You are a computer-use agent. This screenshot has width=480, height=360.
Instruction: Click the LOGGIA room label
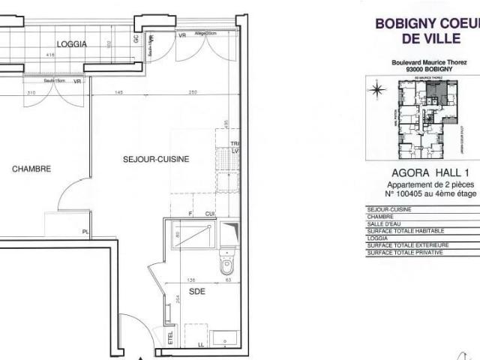tap(73, 44)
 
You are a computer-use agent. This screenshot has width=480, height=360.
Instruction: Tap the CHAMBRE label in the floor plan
tap(31, 169)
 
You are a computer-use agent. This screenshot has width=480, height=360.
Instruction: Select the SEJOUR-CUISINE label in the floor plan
tap(155, 160)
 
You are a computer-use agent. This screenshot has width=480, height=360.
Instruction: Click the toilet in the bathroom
tap(228, 264)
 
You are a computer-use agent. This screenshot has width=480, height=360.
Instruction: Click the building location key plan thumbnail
tap(424, 118)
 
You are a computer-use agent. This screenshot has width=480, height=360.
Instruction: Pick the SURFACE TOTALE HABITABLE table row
tap(405, 230)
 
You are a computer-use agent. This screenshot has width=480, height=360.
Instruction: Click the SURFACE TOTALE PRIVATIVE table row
tap(405, 253)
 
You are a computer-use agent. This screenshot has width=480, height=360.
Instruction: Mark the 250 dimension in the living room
tap(193, 92)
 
